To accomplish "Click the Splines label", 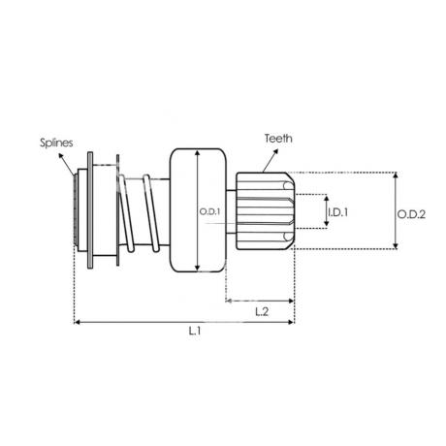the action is point(56,143).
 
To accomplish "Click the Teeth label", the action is point(278,139).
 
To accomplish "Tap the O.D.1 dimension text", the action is point(209,212).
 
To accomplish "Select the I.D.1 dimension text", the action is point(337,212).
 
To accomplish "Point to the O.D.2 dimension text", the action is point(411,214).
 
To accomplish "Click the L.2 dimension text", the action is point(262,312).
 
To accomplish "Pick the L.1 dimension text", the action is point(195,331).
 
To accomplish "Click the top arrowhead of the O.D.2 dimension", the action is point(396,175).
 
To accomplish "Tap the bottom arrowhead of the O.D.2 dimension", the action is point(396,246).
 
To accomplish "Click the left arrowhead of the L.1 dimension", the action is point(77,322).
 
